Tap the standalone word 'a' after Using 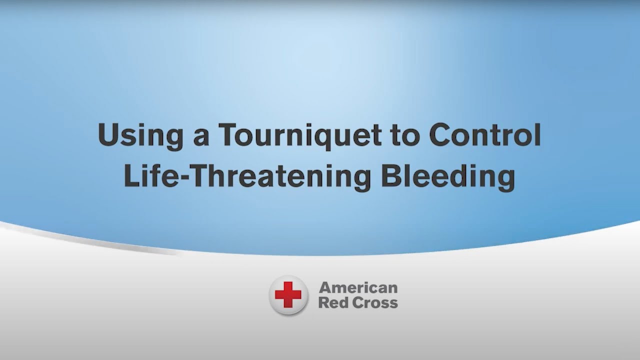coord(201,138)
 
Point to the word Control coord(484,134)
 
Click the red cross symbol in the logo coord(288,295)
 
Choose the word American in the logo coord(358,288)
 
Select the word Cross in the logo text coord(374,303)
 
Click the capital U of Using coord(108,135)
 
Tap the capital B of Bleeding coord(391,176)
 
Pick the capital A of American coord(325,288)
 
